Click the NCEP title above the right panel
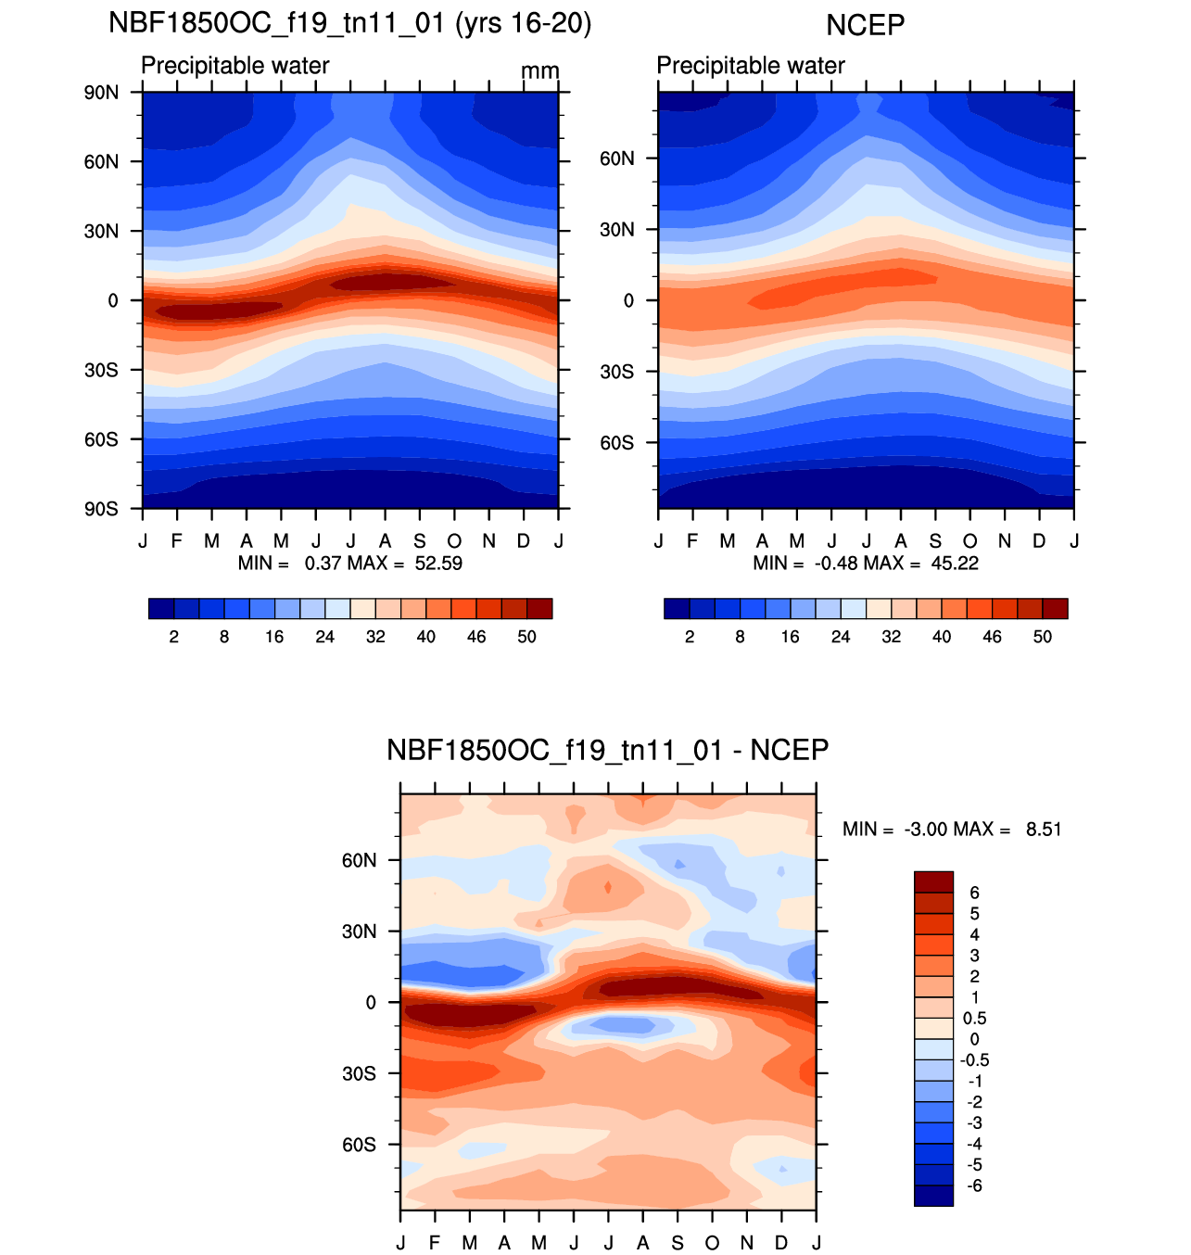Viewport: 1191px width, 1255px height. pyautogui.click(x=865, y=25)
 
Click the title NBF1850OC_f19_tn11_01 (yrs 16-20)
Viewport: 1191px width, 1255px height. pyautogui.click(x=349, y=22)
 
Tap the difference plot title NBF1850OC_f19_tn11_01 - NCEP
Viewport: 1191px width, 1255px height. pyautogui.click(x=607, y=750)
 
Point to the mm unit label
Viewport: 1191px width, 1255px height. pyautogui.click(x=539, y=71)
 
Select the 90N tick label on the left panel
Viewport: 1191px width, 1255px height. pyautogui.click(x=102, y=93)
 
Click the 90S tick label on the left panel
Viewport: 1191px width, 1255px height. pyautogui.click(x=102, y=509)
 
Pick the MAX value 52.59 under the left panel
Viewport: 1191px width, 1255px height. pyautogui.click(x=438, y=564)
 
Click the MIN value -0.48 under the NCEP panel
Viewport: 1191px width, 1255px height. pyautogui.click(x=831, y=564)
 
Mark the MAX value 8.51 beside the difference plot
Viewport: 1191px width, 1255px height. pyautogui.click(x=1044, y=830)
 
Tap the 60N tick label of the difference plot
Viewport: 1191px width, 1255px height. pyautogui.click(x=359, y=860)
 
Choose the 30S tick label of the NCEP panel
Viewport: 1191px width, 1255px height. pyautogui.click(x=616, y=372)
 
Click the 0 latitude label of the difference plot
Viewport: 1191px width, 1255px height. pyautogui.click(x=371, y=1003)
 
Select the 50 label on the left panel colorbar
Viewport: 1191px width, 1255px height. pyautogui.click(x=527, y=637)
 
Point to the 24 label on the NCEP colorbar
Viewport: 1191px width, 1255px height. pyautogui.click(x=841, y=637)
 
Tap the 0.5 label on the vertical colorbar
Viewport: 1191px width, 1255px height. pyautogui.click(x=974, y=1019)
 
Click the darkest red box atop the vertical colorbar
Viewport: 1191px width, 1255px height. pyautogui.click(x=933, y=881)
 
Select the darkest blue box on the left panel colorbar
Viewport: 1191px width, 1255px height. pyautogui.click(x=160, y=609)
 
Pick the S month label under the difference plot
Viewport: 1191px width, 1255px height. pyautogui.click(x=678, y=1243)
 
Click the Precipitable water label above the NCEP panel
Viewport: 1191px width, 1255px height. pyautogui.click(x=751, y=66)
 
